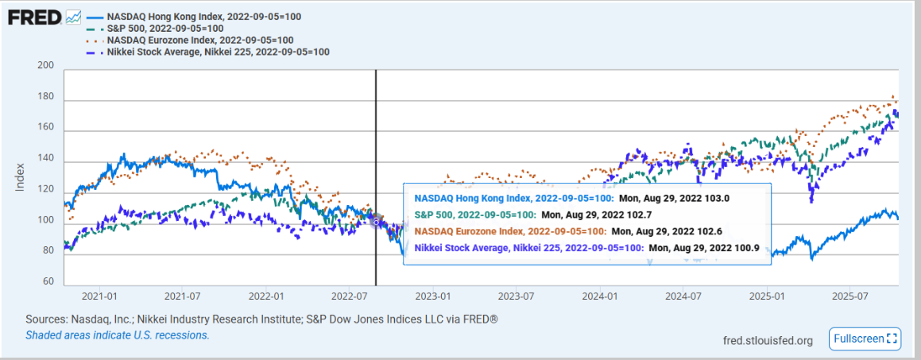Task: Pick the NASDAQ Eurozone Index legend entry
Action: (199, 40)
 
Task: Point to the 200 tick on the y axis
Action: (46, 67)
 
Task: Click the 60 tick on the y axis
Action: (48, 281)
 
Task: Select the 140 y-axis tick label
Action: (46, 159)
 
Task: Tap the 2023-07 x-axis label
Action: (517, 296)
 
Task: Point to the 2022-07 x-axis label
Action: (350, 296)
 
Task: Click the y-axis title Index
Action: (21, 176)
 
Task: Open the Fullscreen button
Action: (864, 339)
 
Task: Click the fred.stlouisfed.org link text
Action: (768, 341)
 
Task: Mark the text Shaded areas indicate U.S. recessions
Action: (118, 335)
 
